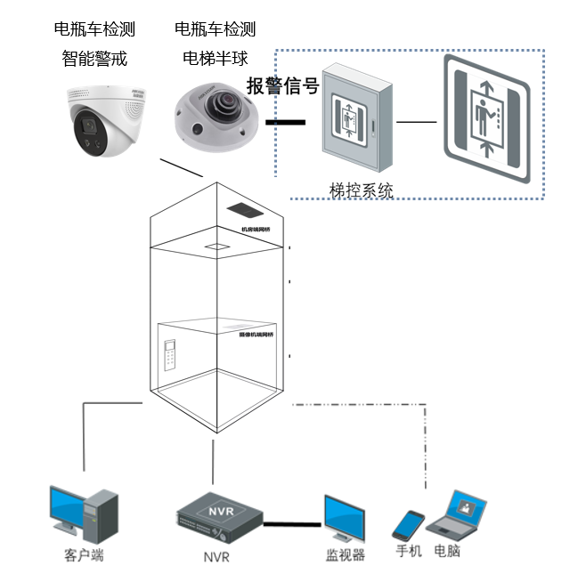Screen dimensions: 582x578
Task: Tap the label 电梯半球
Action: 215,59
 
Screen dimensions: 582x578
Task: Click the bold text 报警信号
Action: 282,86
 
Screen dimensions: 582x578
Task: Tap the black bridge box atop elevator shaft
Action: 246,210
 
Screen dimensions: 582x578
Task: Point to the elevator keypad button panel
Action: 170,360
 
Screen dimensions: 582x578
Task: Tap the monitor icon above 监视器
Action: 345,519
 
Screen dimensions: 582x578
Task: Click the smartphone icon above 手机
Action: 409,525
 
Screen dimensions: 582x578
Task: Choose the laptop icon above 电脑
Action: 457,515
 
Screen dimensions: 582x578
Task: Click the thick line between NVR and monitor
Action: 293,523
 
